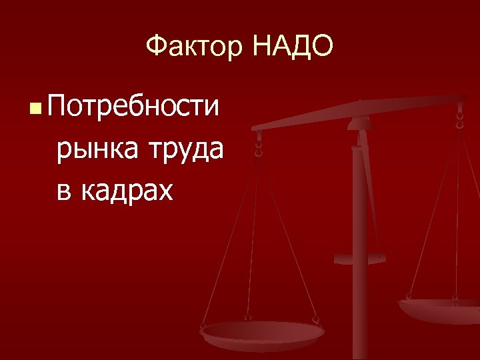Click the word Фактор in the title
coord(193,47)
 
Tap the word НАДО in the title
coord(292,47)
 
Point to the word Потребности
coord(133,106)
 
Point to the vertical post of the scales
coord(360,267)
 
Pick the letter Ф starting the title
coord(155,47)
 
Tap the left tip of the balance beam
coord(255,127)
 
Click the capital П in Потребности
coord(58,106)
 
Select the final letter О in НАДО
coord(320,47)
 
